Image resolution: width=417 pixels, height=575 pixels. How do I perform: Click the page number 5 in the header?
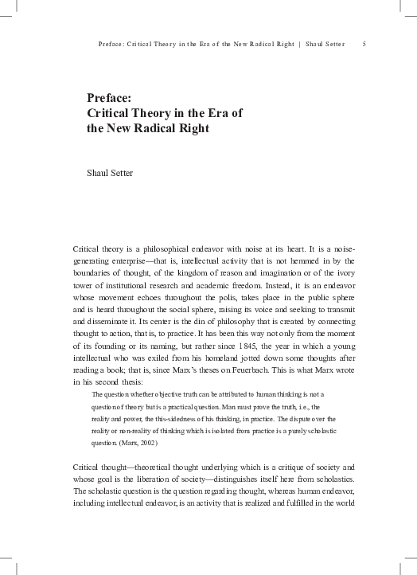364,43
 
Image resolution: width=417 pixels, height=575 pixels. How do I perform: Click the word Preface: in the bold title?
109,98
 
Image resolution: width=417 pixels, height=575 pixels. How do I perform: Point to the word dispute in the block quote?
305,417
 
